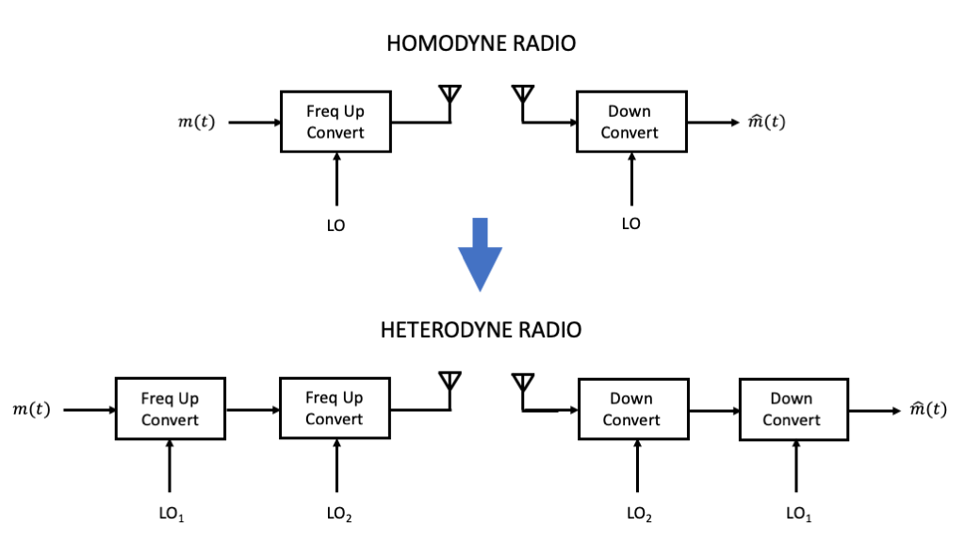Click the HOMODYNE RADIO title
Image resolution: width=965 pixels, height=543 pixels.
tap(481, 43)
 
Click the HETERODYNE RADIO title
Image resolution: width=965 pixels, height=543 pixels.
tap(481, 330)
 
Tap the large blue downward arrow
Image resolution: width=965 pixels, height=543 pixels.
tap(480, 255)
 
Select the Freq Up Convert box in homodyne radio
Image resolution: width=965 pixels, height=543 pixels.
tap(335, 122)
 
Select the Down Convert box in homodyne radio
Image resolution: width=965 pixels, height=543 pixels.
tap(630, 122)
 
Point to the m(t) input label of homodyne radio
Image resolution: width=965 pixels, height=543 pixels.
tap(196, 123)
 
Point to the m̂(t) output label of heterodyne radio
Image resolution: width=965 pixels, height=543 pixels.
tap(927, 409)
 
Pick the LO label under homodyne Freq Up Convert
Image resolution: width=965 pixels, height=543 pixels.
tap(335, 225)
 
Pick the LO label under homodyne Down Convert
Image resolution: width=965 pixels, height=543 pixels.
tap(630, 223)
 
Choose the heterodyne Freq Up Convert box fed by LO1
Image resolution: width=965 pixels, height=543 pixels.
tap(170, 409)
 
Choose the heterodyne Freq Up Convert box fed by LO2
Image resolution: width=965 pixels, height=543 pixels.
tap(335, 409)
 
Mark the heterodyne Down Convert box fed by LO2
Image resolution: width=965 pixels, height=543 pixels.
tap(631, 409)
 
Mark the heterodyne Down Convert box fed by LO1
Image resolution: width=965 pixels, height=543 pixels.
tap(792, 409)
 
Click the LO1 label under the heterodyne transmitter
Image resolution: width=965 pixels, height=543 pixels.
tap(171, 514)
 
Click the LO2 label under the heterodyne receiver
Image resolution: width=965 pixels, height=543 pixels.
tap(639, 514)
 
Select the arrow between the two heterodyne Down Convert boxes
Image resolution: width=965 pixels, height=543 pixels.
tap(711, 410)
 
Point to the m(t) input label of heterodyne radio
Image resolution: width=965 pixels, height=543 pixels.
tap(30, 409)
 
